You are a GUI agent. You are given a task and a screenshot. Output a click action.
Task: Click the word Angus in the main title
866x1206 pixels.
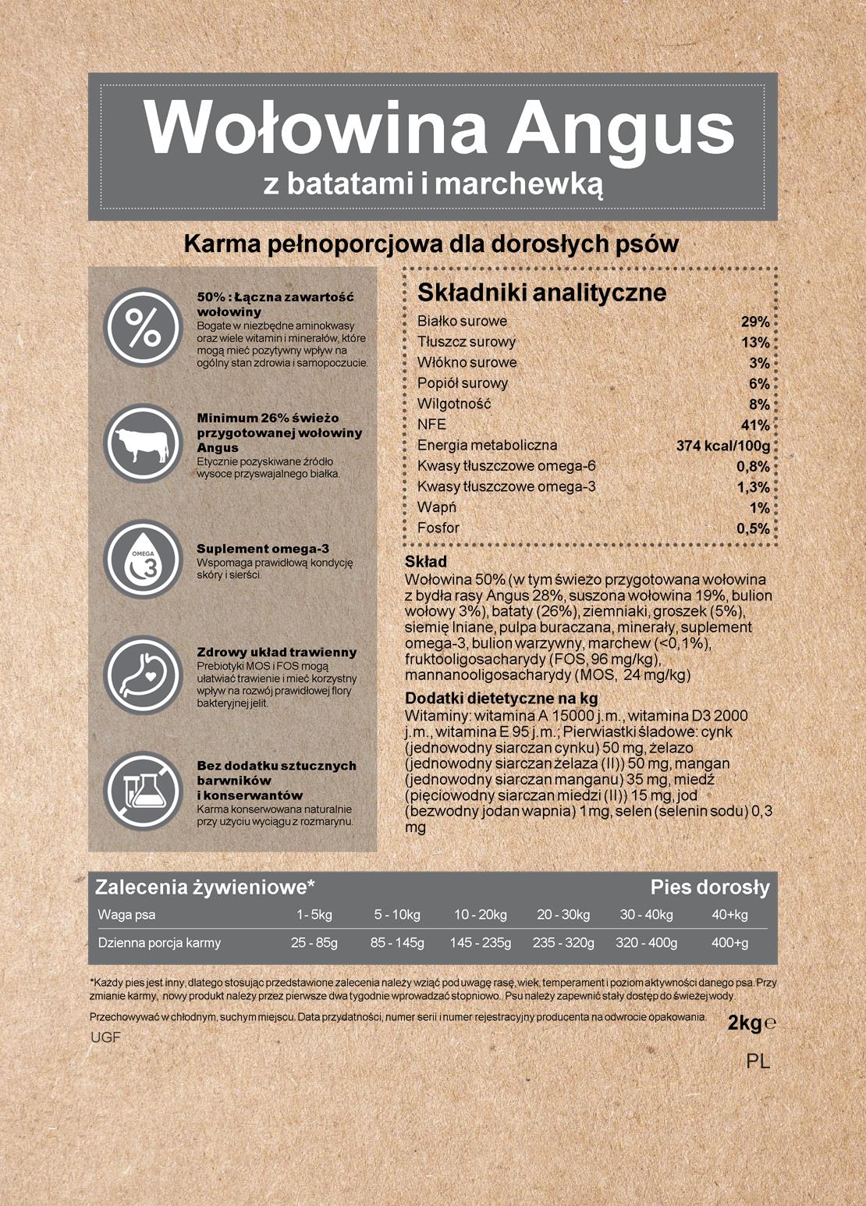point(621,127)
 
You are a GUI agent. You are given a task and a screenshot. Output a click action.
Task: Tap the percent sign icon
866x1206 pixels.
point(144,328)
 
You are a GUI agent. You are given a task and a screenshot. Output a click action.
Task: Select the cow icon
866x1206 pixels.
point(144,443)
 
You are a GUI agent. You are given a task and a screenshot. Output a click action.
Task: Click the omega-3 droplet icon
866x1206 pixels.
point(144,559)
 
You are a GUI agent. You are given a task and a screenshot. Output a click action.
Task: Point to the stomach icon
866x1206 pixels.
point(144,674)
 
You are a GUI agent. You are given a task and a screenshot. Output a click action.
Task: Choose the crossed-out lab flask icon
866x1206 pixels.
point(144,790)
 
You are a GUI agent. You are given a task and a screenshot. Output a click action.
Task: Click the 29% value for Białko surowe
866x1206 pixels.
point(754,322)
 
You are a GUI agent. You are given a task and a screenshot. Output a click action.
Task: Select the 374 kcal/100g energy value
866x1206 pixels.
point(722,446)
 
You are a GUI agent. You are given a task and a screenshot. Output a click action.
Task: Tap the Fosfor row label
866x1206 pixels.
point(438,528)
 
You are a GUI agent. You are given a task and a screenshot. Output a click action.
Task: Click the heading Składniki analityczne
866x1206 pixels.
point(541,293)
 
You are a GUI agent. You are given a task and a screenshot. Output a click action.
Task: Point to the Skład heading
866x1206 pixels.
point(426,562)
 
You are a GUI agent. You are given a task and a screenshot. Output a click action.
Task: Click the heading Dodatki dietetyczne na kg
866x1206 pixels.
point(501,699)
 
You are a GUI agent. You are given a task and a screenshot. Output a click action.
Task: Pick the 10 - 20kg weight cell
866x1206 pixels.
point(480,915)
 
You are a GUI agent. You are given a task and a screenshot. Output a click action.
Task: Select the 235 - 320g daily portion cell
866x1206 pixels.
point(563,943)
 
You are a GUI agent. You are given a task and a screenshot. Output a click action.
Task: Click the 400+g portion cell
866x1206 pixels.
point(729,943)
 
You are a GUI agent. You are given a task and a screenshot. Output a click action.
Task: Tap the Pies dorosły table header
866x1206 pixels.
point(710,888)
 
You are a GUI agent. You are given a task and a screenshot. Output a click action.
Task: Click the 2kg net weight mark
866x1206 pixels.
point(745,1023)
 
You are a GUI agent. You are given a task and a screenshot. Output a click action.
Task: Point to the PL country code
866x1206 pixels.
point(758,1062)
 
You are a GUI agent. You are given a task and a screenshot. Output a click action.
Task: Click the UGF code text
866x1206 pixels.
point(105,1038)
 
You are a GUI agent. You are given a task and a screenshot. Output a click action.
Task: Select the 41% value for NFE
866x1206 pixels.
point(754,425)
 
